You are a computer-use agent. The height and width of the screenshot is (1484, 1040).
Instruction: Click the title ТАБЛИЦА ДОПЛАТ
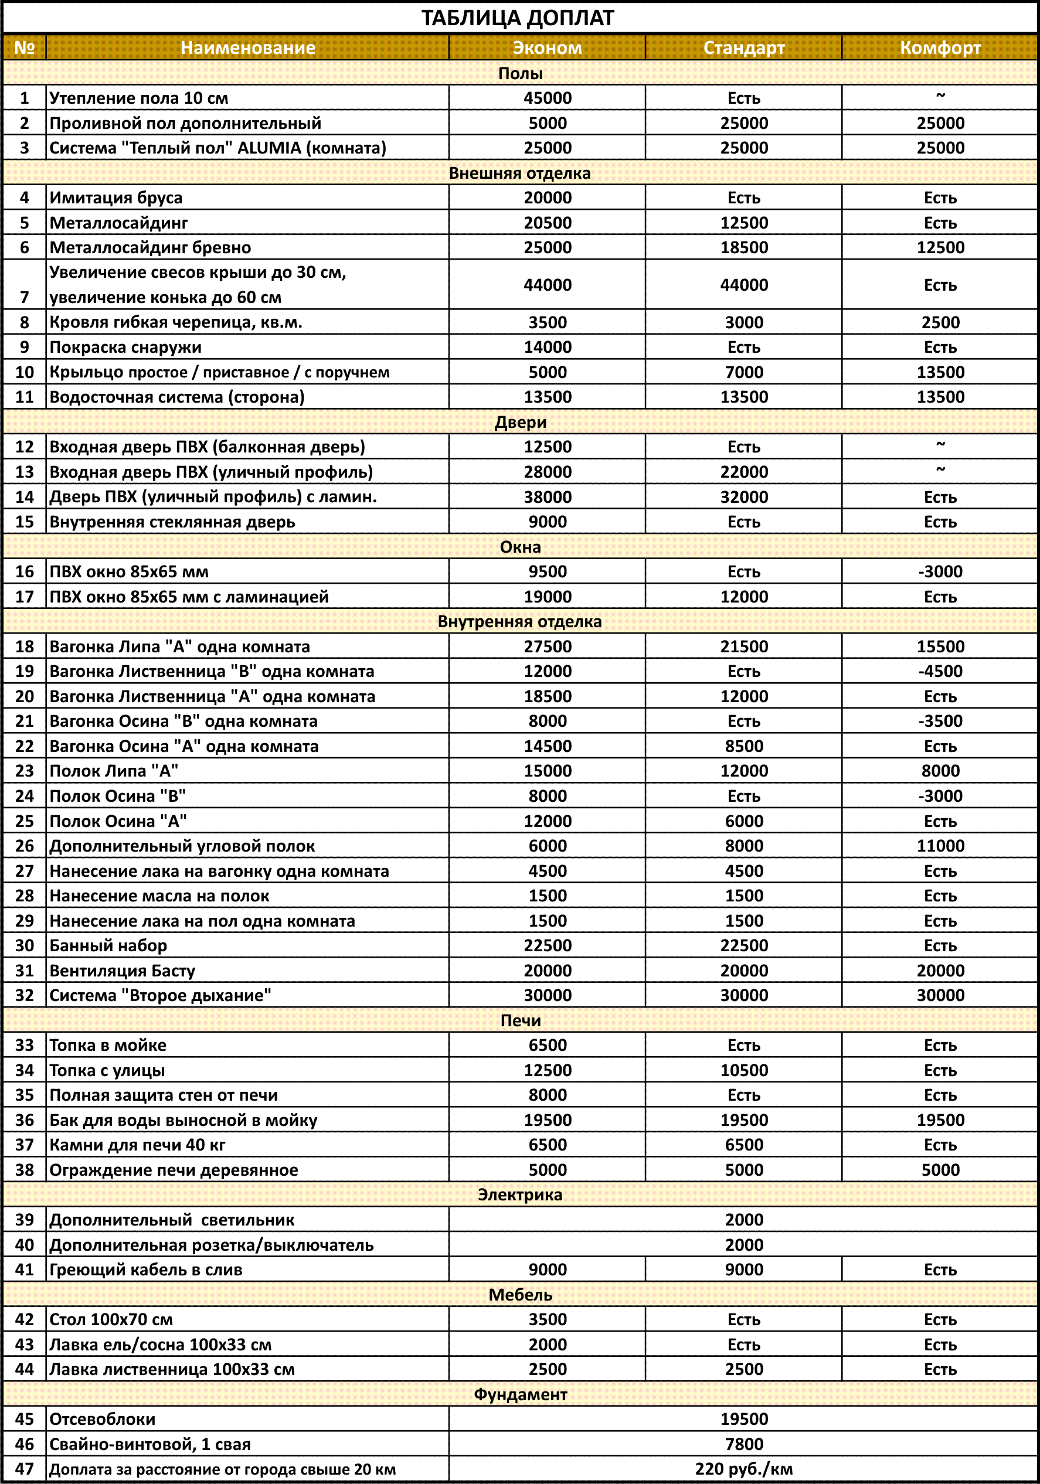point(518,18)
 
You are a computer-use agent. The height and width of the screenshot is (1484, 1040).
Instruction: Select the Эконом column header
point(547,48)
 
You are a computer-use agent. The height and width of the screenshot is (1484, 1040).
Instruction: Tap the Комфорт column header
point(940,48)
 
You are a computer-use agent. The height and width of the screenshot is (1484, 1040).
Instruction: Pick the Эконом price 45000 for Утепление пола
point(548,98)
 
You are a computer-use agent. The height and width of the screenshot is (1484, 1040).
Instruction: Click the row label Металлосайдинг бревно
point(150,247)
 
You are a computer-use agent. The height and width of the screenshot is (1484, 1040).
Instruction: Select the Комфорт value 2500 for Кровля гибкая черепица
point(940,322)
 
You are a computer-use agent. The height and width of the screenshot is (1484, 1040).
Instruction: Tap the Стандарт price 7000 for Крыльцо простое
point(743,372)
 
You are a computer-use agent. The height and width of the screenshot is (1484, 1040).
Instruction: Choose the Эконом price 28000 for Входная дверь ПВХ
point(548,472)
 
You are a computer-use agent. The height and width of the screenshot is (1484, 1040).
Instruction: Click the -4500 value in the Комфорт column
point(940,672)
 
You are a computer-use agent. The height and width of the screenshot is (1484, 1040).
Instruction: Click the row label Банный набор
point(108,945)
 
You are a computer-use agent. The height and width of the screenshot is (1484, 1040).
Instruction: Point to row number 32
point(25,995)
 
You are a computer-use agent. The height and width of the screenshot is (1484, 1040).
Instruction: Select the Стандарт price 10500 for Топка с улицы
point(743,1070)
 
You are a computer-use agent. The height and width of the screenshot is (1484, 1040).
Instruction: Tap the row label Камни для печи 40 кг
point(137,1145)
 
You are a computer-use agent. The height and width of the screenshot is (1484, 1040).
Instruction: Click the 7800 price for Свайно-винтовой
point(743,1444)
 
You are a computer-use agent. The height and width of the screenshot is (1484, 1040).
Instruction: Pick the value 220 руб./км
point(743,1469)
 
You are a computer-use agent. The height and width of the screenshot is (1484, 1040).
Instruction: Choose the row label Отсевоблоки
point(102,1419)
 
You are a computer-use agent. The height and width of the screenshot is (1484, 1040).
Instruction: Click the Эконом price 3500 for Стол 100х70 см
point(548,1319)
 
